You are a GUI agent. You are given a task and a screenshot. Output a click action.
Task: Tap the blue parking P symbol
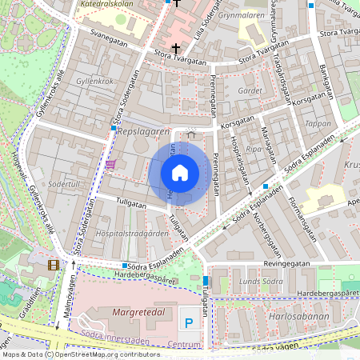click(190, 323)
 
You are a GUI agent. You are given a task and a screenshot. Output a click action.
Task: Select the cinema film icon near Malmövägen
click(53, 265)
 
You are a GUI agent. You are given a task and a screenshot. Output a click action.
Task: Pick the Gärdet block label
click(250, 91)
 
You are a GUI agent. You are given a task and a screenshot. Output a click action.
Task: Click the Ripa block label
click(254, 149)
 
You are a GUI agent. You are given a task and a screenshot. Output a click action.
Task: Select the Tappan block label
click(318, 124)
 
